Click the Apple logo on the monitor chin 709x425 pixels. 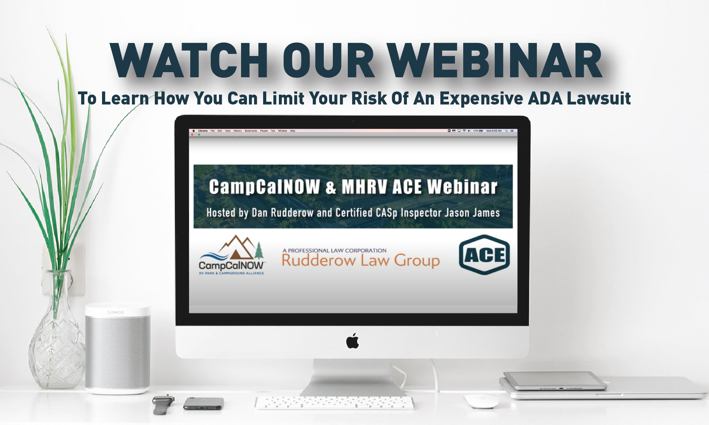[x=353, y=341]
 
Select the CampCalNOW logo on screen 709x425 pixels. [x=232, y=255]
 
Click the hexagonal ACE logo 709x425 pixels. [x=484, y=255]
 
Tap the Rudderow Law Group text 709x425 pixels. [x=360, y=261]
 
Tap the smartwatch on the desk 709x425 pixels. [x=163, y=404]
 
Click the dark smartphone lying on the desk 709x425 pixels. [x=203, y=403]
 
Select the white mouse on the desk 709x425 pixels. [x=481, y=401]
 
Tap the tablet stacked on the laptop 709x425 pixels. [x=555, y=380]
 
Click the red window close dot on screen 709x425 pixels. [x=192, y=135]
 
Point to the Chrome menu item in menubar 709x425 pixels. [x=202, y=131]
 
